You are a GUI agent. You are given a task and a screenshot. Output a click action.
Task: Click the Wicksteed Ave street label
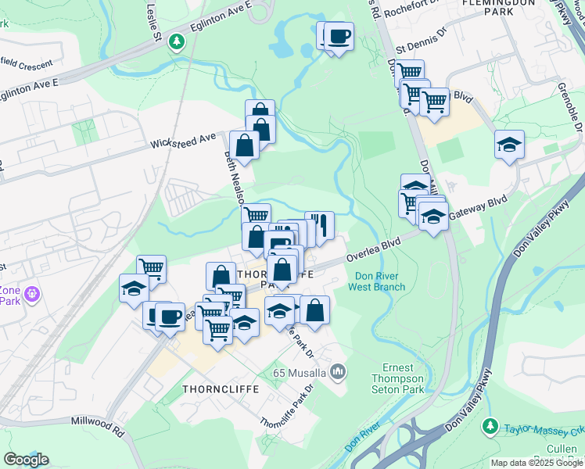click(x=184, y=141)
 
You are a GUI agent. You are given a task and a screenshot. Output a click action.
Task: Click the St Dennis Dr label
click(x=421, y=46)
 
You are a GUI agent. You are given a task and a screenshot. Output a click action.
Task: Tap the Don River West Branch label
click(x=377, y=281)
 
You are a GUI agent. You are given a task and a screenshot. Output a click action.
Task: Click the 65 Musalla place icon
click(x=338, y=371)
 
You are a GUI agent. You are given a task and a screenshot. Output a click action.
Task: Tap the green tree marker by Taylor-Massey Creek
click(x=490, y=426)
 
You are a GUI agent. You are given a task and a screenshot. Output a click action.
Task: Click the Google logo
click(x=26, y=460)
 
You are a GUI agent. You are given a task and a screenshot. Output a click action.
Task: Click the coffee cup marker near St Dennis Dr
click(x=339, y=36)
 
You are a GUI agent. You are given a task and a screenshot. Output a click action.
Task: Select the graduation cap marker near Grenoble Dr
click(x=509, y=144)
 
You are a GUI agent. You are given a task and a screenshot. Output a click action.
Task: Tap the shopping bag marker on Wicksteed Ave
click(x=245, y=145)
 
